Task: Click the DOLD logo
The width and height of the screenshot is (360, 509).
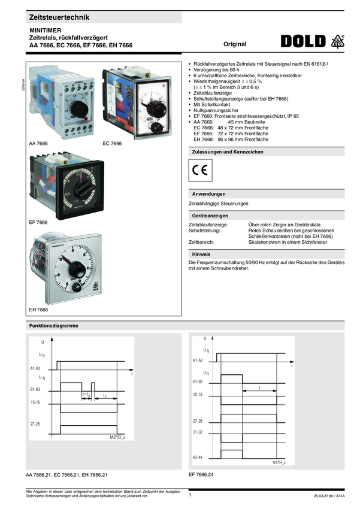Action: (304, 41)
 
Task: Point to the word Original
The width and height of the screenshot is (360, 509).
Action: (235, 45)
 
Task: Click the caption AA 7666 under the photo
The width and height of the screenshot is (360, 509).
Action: (38, 144)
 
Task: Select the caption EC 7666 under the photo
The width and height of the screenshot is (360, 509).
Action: (112, 144)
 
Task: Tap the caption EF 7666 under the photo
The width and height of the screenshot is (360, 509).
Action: (38, 222)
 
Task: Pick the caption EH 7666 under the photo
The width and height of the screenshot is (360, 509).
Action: (38, 310)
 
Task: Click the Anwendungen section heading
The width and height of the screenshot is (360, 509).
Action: (208, 195)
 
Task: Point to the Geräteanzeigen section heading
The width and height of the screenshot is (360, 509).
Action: (210, 216)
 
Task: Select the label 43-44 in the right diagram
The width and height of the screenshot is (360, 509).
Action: (198, 457)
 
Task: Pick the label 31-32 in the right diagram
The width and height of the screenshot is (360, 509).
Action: (198, 431)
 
